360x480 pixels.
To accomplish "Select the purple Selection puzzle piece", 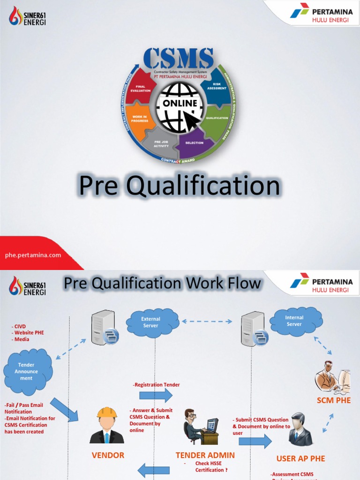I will click(x=194, y=142).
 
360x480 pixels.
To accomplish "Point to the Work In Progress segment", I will click(x=140, y=119).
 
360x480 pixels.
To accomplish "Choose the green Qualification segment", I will click(x=217, y=119).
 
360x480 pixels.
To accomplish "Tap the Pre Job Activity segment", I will click(x=161, y=144).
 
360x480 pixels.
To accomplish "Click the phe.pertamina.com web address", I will click(x=33, y=255).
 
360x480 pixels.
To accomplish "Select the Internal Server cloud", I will click(x=295, y=321).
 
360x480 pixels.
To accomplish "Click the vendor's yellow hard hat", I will click(x=106, y=413).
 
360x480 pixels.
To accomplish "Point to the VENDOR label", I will click(x=108, y=455).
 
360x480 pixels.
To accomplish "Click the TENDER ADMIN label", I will click(x=205, y=455).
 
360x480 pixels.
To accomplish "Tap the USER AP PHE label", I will click(x=300, y=458).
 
